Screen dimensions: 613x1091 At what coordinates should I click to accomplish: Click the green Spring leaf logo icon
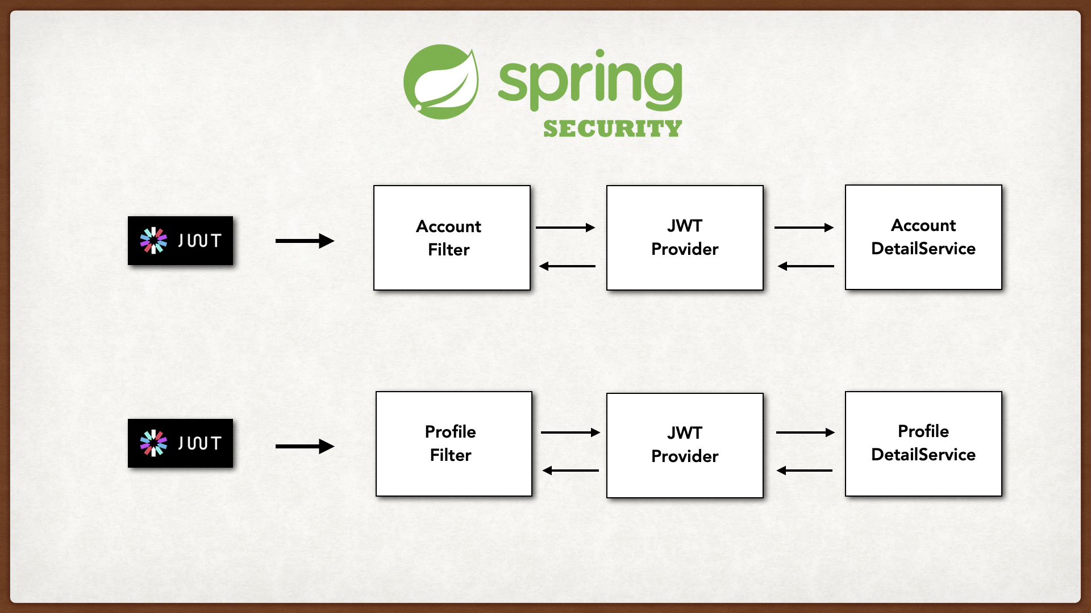[440, 82]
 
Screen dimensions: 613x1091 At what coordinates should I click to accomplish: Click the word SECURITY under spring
[612, 129]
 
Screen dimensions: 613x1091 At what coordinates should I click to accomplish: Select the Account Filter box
[452, 238]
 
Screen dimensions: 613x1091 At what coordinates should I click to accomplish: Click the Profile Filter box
[453, 444]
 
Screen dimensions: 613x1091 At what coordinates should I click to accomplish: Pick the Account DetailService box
[923, 237]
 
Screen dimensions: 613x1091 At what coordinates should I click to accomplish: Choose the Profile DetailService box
[923, 444]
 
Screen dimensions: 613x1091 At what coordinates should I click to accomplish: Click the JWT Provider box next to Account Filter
[684, 238]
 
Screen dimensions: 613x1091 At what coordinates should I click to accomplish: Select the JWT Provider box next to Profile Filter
[684, 446]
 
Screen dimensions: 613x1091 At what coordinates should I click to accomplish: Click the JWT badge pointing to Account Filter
[180, 241]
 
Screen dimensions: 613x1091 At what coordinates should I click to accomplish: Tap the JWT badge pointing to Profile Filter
[180, 443]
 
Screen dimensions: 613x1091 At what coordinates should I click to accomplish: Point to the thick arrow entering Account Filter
[305, 241]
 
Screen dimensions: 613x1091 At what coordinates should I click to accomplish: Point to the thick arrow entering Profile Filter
[305, 447]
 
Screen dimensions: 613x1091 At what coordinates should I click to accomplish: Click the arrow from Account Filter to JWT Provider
[565, 228]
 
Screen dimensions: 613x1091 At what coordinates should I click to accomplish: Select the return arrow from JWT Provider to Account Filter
[567, 266]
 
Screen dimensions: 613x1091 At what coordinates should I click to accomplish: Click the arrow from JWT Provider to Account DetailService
[803, 228]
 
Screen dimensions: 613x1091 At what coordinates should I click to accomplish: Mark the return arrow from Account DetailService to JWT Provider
[806, 266]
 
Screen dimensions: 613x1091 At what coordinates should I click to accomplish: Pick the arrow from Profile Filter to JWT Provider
[570, 433]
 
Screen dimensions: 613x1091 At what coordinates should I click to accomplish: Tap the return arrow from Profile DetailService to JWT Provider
[805, 471]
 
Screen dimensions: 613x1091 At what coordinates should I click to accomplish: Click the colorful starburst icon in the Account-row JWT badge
[153, 241]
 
